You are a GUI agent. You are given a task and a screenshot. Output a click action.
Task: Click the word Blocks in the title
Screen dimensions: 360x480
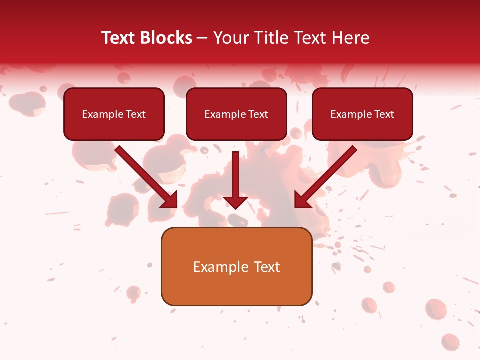click(x=167, y=38)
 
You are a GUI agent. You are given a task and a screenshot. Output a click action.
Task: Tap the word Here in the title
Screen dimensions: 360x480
click(x=349, y=38)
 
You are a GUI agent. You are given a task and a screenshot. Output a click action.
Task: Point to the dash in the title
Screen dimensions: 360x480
click(x=202, y=38)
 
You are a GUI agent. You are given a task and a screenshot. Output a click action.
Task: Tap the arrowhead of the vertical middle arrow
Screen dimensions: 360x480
click(x=236, y=201)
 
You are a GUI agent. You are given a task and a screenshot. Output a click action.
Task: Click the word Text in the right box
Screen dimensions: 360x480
click(x=384, y=114)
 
